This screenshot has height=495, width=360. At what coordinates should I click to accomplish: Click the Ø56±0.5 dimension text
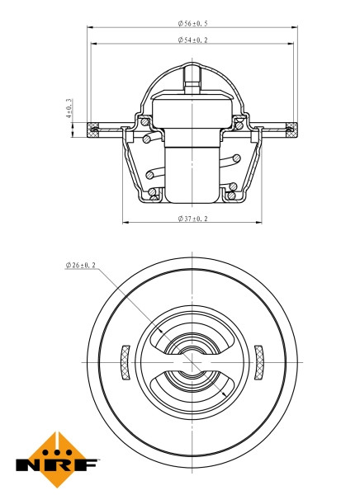coord(192,24)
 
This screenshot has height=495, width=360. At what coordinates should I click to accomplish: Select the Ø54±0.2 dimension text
coord(192,40)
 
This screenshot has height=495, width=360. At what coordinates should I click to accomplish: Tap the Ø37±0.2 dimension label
coord(192,218)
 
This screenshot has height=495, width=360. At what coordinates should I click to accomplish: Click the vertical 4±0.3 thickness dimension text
coord(69,110)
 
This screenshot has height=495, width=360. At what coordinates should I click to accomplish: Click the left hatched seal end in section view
coord(93,127)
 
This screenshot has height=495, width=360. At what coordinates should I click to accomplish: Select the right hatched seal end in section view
coord(291,127)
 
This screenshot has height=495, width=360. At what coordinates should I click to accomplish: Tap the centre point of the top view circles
coord(192,361)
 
